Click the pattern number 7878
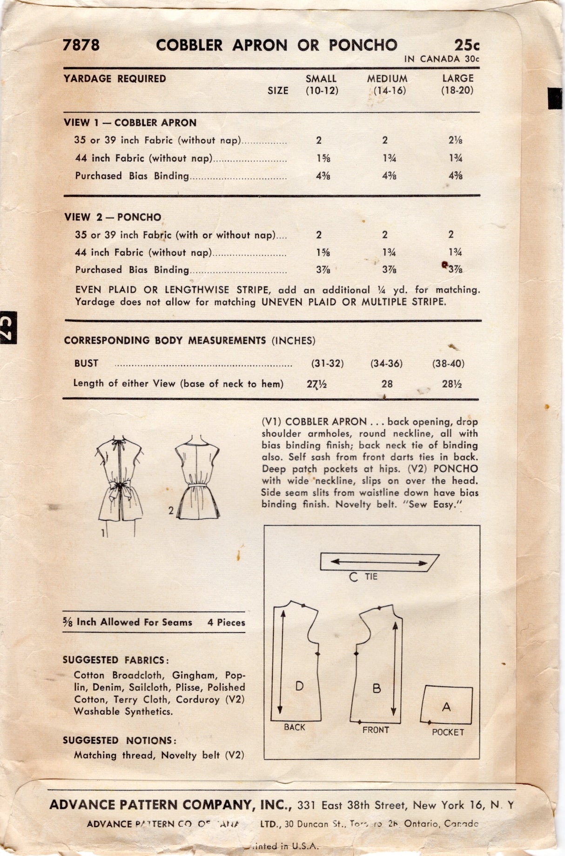pyautogui.click(x=81, y=45)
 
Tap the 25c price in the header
pyautogui.click(x=467, y=45)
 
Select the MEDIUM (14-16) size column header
pyautogui.click(x=387, y=84)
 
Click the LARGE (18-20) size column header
pyautogui.click(x=457, y=84)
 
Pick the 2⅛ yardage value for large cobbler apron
pyautogui.click(x=456, y=141)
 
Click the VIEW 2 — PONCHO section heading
pyautogui.click(x=113, y=217)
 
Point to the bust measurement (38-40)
pyautogui.click(x=448, y=364)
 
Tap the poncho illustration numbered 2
pyautogui.click(x=196, y=480)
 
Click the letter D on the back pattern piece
pyautogui.click(x=300, y=686)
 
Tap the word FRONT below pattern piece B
pyautogui.click(x=376, y=730)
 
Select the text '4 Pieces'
pyautogui.click(x=226, y=623)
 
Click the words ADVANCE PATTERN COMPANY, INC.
pyautogui.click(x=170, y=804)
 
